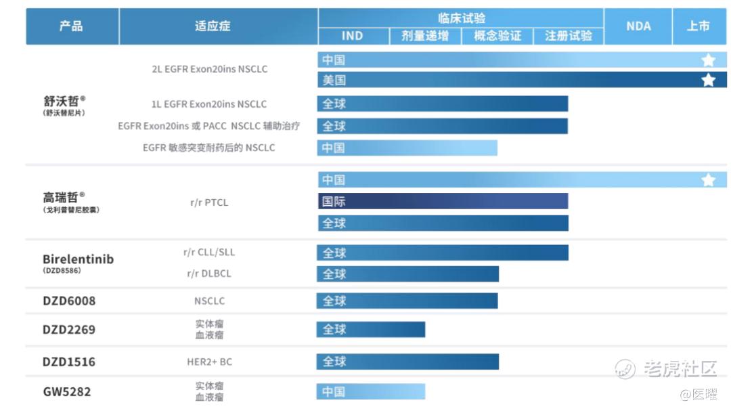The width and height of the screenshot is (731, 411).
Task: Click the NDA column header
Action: pos(638,26)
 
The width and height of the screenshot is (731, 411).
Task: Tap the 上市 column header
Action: pos(698,26)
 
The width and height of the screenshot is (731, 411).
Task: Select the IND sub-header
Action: pos(353,36)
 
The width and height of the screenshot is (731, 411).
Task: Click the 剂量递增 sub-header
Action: pos(425,36)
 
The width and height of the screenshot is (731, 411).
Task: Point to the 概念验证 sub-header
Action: pos(497,36)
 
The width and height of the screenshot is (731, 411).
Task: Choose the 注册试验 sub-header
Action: pos(569,36)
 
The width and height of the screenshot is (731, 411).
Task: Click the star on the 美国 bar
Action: pos(708,80)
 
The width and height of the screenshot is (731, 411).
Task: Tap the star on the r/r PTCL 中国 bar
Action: pos(708,180)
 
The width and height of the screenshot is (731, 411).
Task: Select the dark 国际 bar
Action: pos(443,201)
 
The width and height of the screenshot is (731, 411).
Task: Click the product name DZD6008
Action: pos(69,301)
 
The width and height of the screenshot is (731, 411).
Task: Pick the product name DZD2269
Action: pos(69,330)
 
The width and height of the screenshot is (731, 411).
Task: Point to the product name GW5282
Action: pos(67,391)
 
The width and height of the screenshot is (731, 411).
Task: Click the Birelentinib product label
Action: pos(78,259)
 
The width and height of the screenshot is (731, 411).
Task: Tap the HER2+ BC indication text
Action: pos(209,362)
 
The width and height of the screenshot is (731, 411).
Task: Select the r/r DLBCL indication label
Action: pos(209,274)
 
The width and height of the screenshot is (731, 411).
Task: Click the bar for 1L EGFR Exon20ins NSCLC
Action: pos(443,104)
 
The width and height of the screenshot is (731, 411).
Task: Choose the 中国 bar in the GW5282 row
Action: pos(371,391)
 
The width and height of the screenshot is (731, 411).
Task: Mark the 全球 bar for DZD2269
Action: pos(371,330)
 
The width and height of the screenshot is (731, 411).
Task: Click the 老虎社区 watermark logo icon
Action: pos(625,368)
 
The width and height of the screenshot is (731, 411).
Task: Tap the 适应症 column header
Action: pos(213,26)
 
